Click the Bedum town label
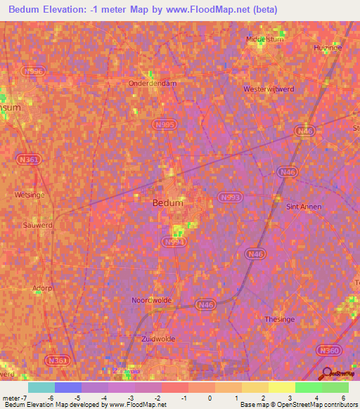pyautogui.click(x=168, y=202)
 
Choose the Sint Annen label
pyautogui.click(x=304, y=207)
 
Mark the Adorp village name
pyautogui.click(x=42, y=287)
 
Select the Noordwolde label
pyautogui.click(x=151, y=300)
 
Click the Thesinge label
pyautogui.click(x=278, y=319)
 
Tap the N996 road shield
pyautogui.click(x=32, y=71)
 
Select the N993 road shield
pyautogui.click(x=229, y=197)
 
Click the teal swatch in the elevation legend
pyautogui.click(x=41, y=387)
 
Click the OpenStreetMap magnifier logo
pyautogui.click(x=326, y=372)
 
